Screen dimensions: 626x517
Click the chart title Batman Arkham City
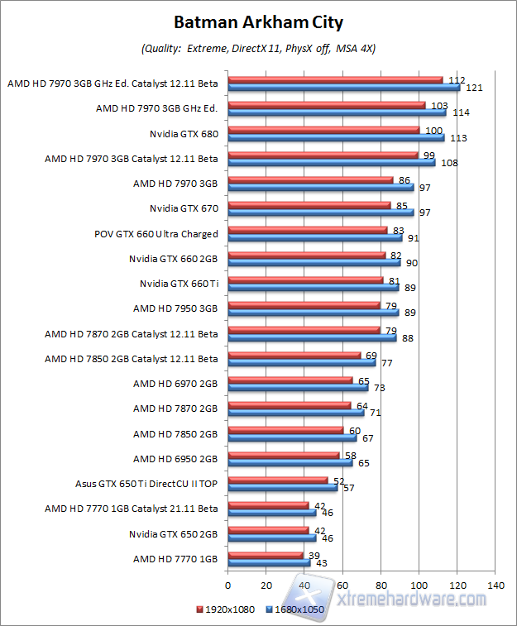[258, 22]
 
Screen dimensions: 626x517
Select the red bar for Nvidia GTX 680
[323, 130]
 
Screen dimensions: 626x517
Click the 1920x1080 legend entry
[227, 609]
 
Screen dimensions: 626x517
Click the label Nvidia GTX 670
[184, 208]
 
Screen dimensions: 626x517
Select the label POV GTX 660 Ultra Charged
[156, 234]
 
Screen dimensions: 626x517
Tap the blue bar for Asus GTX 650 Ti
[282, 488]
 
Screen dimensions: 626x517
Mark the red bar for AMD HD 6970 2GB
[290, 380]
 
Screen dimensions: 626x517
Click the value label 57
[349, 489]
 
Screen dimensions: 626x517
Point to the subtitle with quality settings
[258, 49]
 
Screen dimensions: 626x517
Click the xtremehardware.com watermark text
[414, 598]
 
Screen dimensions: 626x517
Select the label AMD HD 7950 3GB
[175, 308]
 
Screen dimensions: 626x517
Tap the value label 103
[439, 105]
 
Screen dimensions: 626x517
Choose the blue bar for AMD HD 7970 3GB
[319, 188]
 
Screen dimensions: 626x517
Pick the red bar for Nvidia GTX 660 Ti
[305, 280]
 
